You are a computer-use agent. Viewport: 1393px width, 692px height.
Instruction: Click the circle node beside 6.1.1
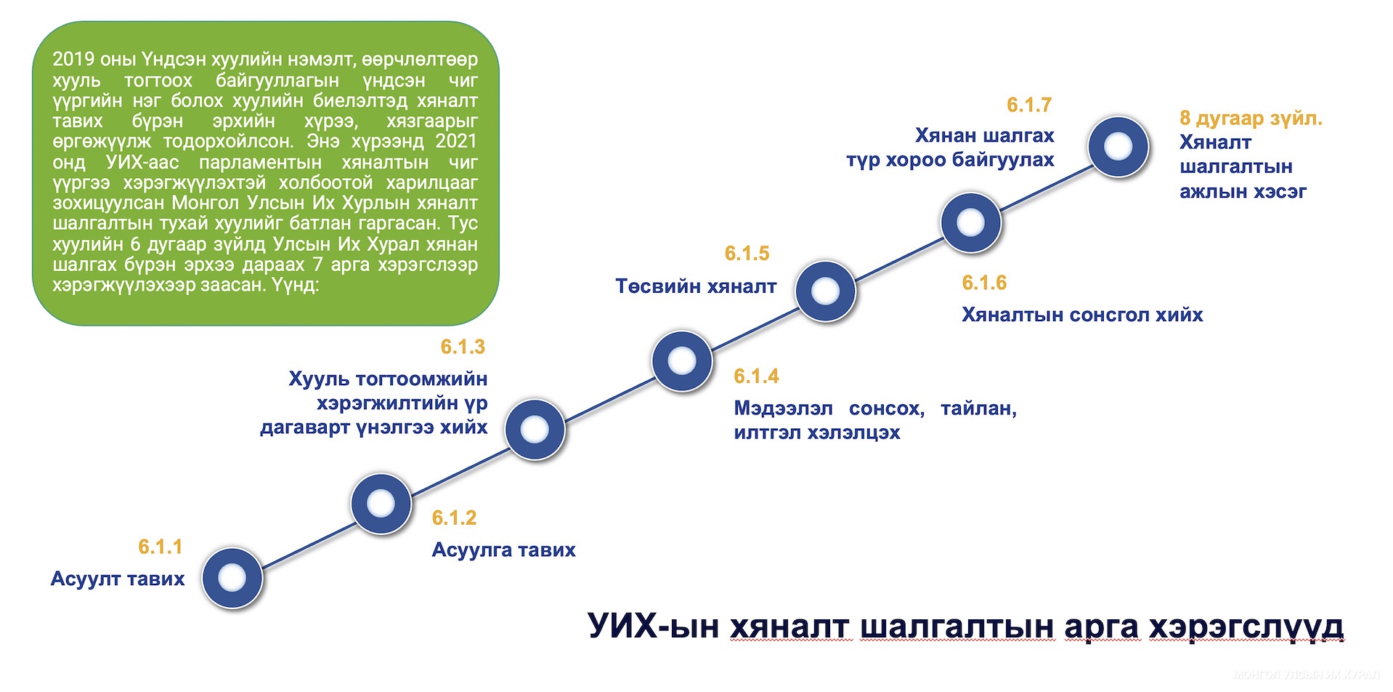click(232, 578)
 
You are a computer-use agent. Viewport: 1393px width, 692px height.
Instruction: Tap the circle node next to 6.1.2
click(381, 503)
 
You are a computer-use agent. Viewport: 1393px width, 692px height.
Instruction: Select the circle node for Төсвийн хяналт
click(826, 291)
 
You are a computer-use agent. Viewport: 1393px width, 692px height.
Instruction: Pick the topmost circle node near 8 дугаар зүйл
click(1118, 146)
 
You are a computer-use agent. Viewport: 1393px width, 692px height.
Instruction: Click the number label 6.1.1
click(161, 547)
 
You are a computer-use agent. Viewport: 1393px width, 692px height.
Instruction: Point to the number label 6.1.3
click(463, 347)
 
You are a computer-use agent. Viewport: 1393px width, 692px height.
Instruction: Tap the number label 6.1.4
click(756, 377)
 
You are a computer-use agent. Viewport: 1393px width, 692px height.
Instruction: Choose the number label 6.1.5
click(747, 254)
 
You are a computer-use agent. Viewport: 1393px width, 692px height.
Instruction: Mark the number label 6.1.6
click(984, 283)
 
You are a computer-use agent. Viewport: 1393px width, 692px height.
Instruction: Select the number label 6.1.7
click(1029, 105)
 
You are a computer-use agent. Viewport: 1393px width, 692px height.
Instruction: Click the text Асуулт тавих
click(118, 579)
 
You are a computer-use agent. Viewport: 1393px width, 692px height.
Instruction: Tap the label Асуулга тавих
click(503, 550)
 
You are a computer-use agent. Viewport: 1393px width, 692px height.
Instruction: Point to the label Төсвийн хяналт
click(696, 286)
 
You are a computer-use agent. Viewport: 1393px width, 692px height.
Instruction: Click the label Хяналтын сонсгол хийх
click(1082, 315)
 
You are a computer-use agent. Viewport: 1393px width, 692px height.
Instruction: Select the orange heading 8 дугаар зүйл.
click(1251, 118)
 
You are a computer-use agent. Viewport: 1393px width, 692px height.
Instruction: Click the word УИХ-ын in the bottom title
click(652, 626)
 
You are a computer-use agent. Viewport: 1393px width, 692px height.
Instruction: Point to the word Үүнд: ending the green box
click(295, 285)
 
